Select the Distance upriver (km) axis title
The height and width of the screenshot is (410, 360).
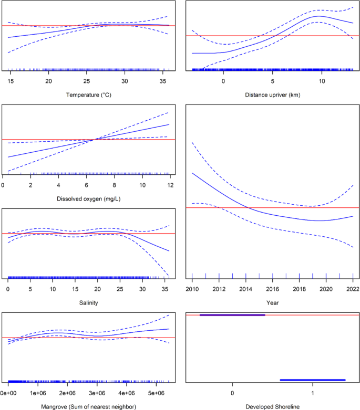(x=272, y=95)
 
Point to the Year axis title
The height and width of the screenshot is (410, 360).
(x=272, y=303)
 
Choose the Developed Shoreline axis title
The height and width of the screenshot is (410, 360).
(x=272, y=406)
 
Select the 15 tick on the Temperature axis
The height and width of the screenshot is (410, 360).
(x=11, y=81)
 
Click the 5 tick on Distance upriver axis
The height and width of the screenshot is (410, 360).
(x=272, y=81)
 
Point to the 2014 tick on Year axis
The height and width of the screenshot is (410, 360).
(x=246, y=289)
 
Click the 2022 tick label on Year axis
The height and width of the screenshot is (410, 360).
(x=353, y=289)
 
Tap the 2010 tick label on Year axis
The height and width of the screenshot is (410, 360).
(x=192, y=289)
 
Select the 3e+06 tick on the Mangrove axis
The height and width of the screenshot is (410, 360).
(x=97, y=393)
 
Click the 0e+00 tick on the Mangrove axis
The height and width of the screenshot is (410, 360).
(x=8, y=393)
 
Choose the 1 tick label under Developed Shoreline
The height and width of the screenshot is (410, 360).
(x=313, y=393)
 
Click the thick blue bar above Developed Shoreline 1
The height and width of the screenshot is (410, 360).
(x=313, y=380)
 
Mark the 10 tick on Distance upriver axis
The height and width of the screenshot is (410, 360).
(x=322, y=81)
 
